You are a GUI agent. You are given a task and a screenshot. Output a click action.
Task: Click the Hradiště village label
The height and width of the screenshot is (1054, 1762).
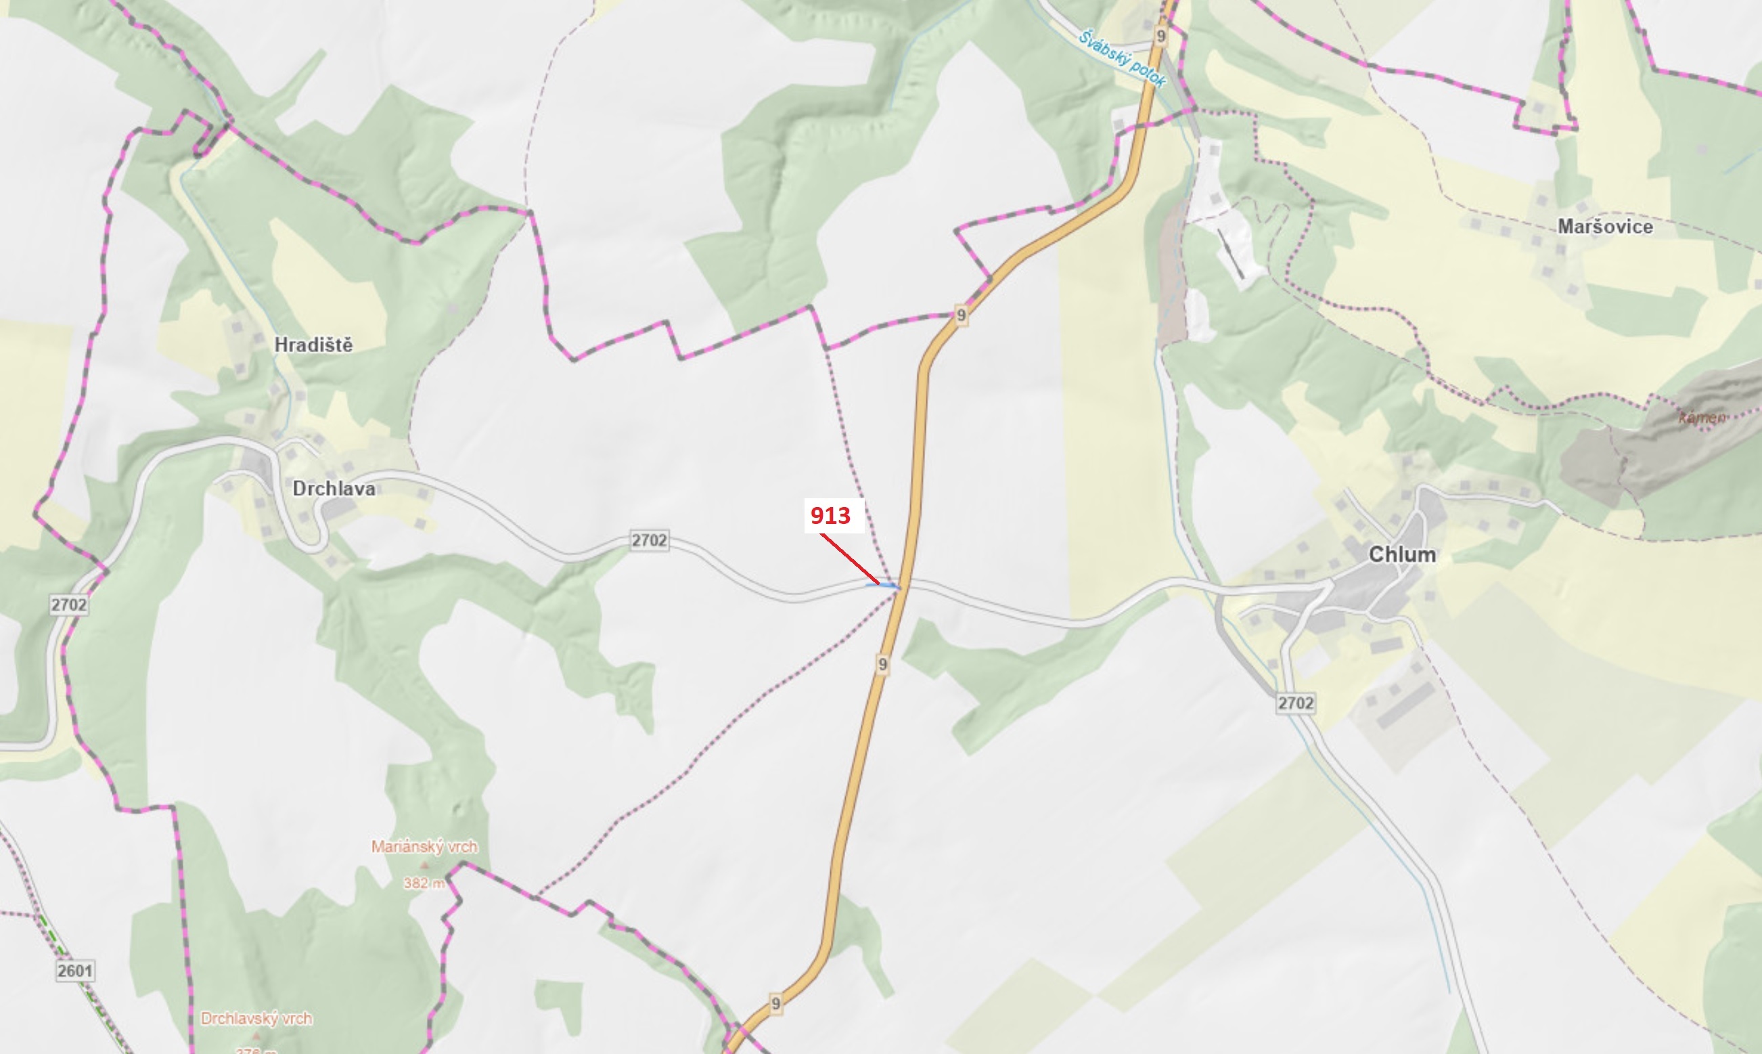tap(313, 345)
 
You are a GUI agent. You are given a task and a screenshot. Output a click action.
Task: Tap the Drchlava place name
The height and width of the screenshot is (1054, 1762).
tap(334, 489)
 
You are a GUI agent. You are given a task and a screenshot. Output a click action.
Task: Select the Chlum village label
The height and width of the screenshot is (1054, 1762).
tap(1402, 554)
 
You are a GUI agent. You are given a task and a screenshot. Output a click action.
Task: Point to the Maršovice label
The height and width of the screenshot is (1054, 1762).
tap(1605, 227)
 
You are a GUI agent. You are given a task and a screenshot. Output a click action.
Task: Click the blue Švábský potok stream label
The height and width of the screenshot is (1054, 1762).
tap(1122, 59)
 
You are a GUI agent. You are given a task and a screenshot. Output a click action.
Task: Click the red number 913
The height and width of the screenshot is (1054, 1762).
tap(831, 516)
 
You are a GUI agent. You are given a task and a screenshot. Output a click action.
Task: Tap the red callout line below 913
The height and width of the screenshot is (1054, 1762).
tap(850, 560)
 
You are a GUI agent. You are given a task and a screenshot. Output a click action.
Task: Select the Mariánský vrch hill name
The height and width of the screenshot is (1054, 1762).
tap(424, 847)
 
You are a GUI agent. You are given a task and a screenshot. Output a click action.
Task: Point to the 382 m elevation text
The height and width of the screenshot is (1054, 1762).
tap(424, 883)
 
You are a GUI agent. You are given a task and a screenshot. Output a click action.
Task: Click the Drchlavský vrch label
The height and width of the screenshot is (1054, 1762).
tap(256, 1019)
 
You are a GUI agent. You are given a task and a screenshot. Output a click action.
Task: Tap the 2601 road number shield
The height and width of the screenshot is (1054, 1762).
tap(74, 971)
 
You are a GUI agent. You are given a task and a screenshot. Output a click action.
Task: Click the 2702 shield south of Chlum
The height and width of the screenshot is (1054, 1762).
tap(1296, 703)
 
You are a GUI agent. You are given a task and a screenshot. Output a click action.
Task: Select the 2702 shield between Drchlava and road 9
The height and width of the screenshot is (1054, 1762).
tap(650, 540)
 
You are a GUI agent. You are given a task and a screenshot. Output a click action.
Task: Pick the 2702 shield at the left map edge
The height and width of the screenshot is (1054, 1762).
tap(69, 605)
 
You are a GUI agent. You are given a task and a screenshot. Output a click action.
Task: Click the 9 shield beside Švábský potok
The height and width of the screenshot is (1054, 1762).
tap(1161, 35)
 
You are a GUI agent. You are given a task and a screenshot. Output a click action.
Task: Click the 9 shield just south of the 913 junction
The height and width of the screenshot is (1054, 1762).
tap(882, 664)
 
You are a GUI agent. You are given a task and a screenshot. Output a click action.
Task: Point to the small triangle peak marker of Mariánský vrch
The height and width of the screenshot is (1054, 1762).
tap(425, 866)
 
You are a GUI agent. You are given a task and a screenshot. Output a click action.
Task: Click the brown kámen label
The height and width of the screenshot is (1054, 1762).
tap(1701, 418)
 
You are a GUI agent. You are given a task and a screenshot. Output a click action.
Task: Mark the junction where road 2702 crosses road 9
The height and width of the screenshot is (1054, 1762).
tap(900, 587)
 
